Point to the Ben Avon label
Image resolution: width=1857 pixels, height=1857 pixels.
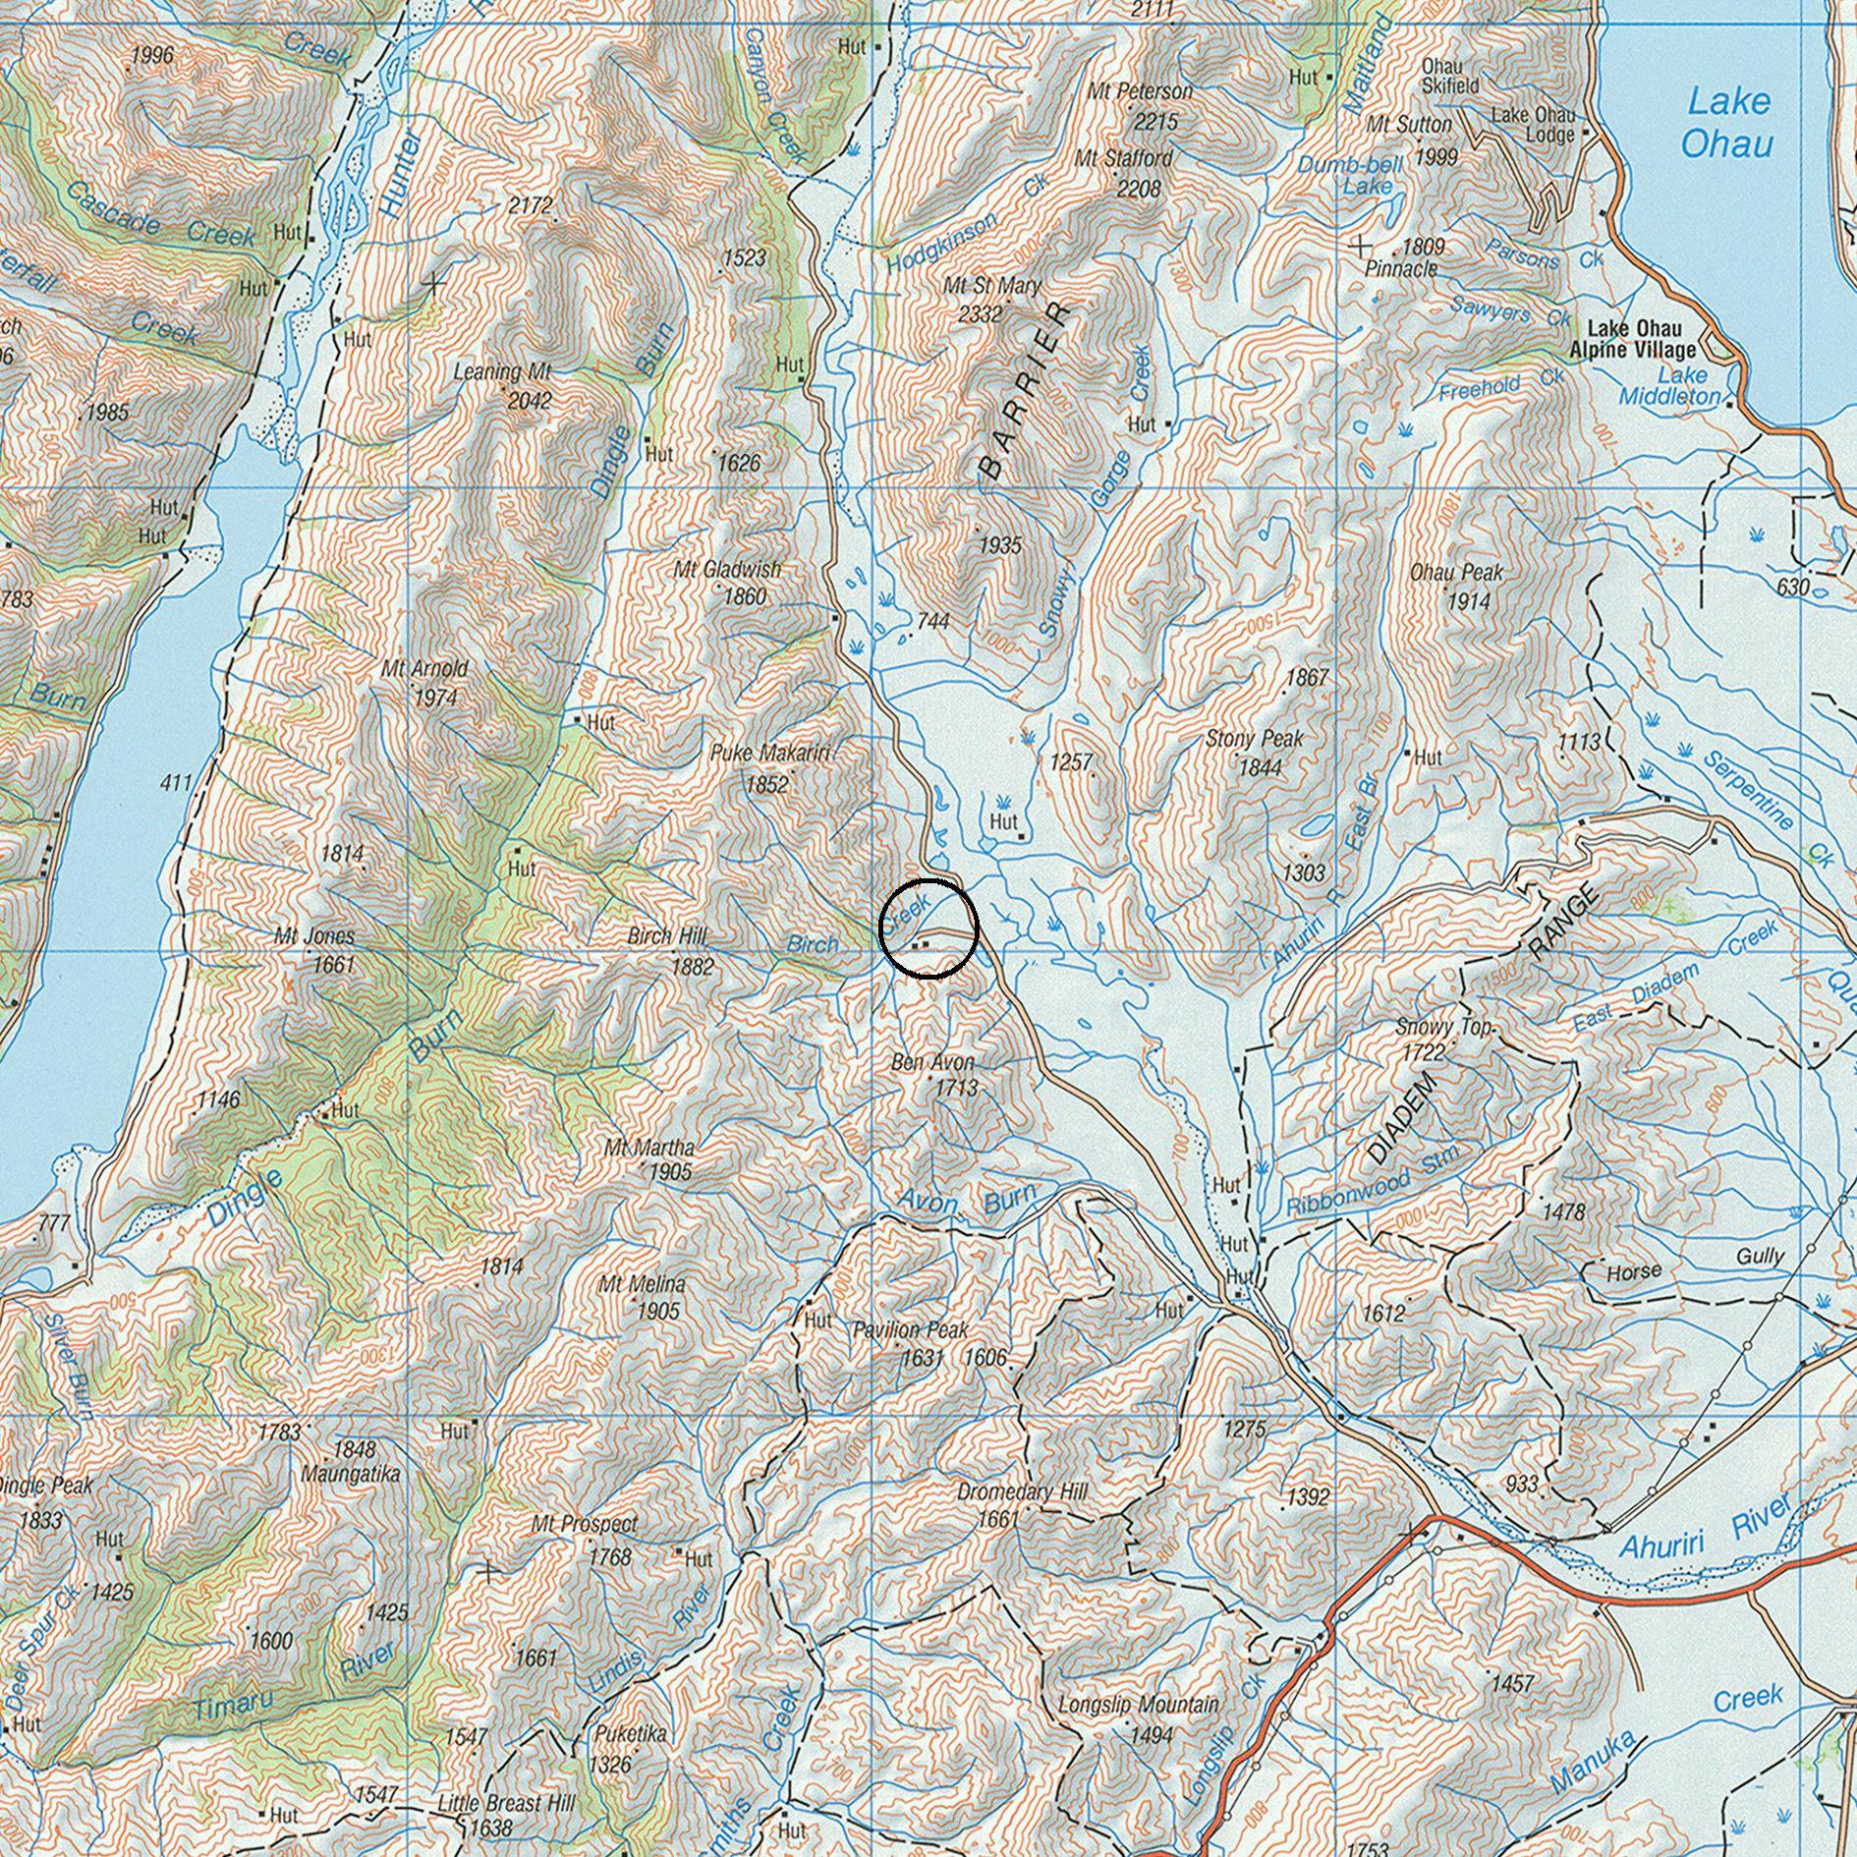[932, 1062]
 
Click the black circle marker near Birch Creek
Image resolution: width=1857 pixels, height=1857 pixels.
[928, 928]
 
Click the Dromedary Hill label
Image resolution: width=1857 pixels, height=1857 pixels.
[1022, 1492]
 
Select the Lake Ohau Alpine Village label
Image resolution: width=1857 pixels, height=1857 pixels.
[1632, 339]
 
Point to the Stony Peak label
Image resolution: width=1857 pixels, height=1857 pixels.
[1254, 739]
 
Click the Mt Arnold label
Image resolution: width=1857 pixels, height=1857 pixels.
[424, 669]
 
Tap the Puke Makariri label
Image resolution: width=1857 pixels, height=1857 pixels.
[769, 754]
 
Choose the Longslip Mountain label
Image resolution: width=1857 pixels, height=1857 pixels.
[1138, 1705]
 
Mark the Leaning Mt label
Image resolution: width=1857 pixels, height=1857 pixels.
[503, 372]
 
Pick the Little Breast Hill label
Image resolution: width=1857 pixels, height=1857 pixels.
[506, 1804]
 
